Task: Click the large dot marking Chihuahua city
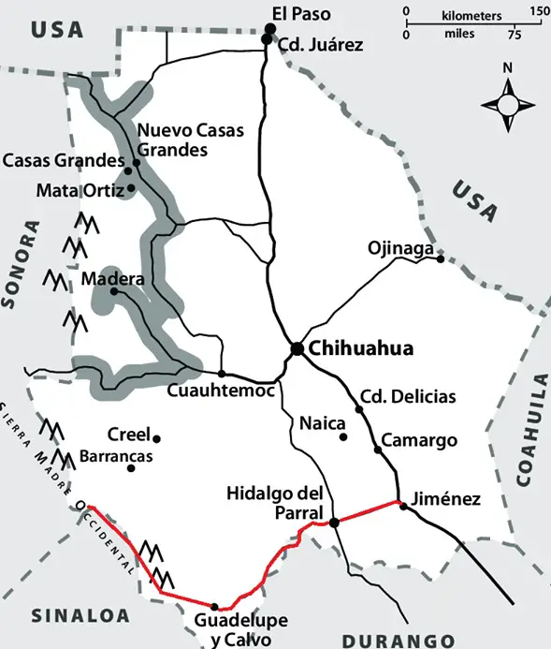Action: click(296, 348)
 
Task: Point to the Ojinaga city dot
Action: click(440, 259)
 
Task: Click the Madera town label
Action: click(113, 279)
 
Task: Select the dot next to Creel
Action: click(157, 438)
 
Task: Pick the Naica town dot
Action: click(343, 436)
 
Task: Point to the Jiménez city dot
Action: click(403, 505)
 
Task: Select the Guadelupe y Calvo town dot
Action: click(214, 606)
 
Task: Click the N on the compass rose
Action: click(507, 67)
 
